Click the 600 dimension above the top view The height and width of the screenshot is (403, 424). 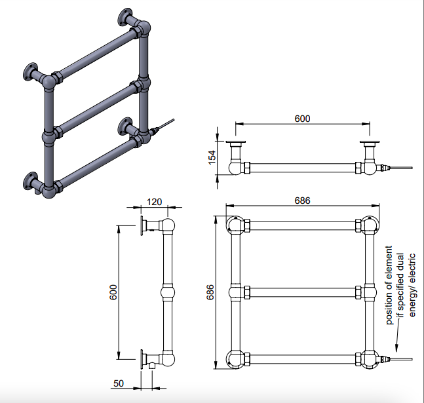(301, 119)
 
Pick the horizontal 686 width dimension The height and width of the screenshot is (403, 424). (301, 200)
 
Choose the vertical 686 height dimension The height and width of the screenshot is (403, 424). (210, 293)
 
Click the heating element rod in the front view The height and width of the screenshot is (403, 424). (400, 359)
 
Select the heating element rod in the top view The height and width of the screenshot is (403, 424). (400, 169)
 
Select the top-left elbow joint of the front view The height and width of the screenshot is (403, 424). (236, 226)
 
